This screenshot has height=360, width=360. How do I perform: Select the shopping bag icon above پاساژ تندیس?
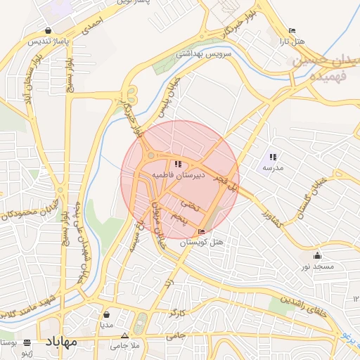[48, 31]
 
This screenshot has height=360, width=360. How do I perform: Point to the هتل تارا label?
[292, 42]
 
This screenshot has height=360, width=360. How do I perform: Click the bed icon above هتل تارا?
[292, 32]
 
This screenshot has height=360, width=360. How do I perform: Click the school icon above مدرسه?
[273, 157]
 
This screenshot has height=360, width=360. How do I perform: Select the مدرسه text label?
[273, 168]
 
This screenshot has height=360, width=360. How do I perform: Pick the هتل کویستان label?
[202, 243]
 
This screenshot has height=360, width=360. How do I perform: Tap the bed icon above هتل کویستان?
[202, 232]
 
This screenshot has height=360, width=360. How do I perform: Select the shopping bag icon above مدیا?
[106, 315]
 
